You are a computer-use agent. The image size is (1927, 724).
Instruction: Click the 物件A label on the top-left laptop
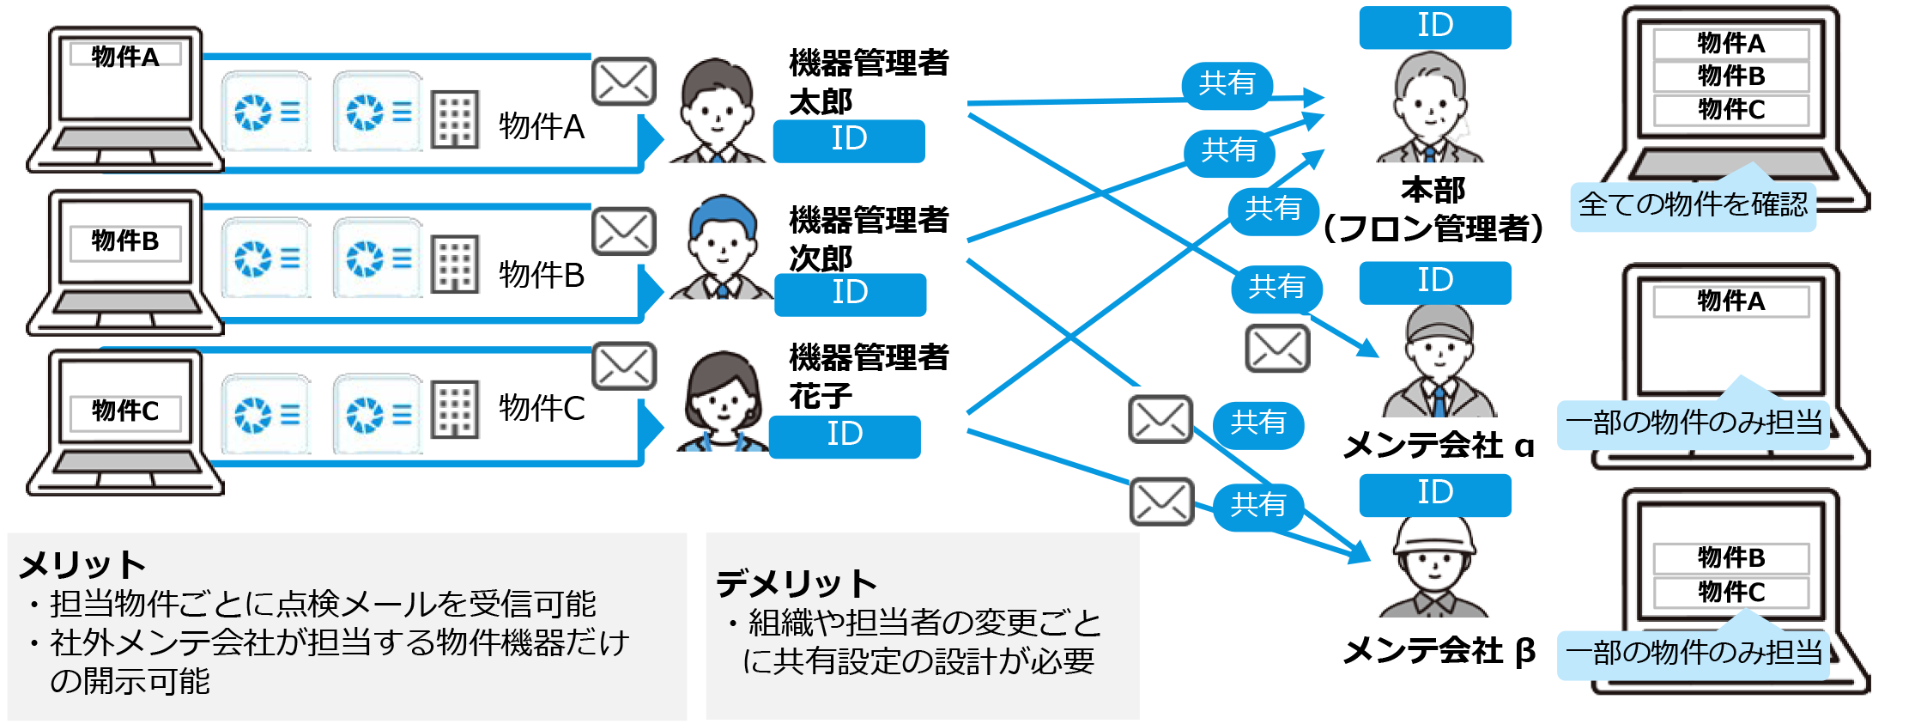click(x=125, y=57)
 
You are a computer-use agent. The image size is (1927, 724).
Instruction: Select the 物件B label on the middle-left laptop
click(x=125, y=241)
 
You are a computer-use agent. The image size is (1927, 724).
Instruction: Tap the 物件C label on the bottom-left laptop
click(x=125, y=411)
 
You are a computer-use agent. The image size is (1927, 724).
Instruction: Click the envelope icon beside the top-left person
click(x=624, y=82)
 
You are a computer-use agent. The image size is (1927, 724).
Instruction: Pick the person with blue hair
click(x=722, y=248)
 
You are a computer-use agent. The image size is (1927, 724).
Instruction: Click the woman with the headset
click(x=722, y=401)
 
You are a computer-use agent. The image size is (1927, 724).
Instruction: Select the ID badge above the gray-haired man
click(x=1434, y=27)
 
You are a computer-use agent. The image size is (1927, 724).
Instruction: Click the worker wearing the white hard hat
click(x=1434, y=567)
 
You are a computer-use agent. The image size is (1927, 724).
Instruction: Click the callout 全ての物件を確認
click(x=1693, y=205)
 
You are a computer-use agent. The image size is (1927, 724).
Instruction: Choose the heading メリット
click(x=82, y=565)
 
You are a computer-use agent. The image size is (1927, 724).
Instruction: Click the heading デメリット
click(x=796, y=583)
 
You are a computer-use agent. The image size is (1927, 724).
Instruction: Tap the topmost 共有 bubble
click(x=1227, y=84)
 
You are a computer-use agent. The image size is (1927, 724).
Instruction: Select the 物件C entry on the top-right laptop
click(x=1731, y=110)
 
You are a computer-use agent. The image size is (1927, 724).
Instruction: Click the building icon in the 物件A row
click(x=455, y=119)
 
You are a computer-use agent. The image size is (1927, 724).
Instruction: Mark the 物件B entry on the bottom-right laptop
click(x=1731, y=558)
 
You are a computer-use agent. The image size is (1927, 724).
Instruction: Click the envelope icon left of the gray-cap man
click(x=1277, y=348)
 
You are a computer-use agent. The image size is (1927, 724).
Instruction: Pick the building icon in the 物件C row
click(x=455, y=409)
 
